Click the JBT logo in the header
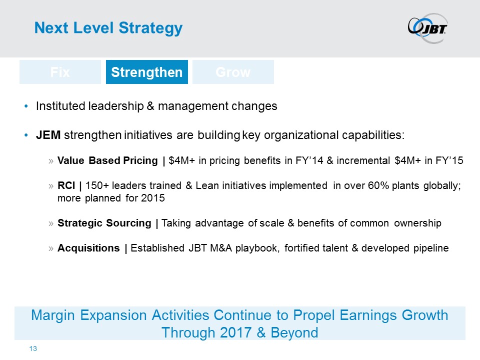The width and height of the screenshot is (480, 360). [x=427, y=28]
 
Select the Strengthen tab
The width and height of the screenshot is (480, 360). [x=147, y=72]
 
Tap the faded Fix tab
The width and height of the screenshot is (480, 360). [x=60, y=72]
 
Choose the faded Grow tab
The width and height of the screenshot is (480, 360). [x=233, y=72]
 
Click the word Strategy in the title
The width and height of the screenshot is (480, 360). [x=150, y=28]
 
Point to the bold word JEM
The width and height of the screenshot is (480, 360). [x=48, y=135]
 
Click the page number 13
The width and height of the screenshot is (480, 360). [x=33, y=348]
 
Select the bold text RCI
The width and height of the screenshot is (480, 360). [x=66, y=185]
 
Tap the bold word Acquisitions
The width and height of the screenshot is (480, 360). [x=88, y=248]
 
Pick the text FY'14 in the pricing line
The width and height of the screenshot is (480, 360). [x=309, y=160]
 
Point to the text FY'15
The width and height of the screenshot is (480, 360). [x=449, y=160]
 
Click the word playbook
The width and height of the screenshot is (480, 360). [x=257, y=248]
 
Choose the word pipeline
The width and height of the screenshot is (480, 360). [x=431, y=248]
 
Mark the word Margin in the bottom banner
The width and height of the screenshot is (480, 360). [x=53, y=315]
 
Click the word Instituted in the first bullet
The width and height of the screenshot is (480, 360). [x=60, y=106]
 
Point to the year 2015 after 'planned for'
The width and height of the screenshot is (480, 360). [x=153, y=198]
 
